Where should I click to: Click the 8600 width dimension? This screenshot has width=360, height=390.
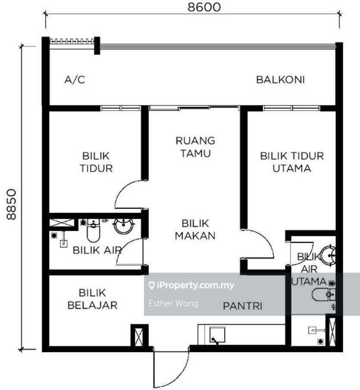pos(204,7)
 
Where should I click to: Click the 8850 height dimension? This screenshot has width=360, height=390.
pos(12,204)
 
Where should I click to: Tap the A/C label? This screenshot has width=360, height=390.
pos(75,80)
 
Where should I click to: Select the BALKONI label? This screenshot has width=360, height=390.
pos(280,80)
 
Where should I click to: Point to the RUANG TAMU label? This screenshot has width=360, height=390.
pos(195,147)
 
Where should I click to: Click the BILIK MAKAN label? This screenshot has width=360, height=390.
pos(195,230)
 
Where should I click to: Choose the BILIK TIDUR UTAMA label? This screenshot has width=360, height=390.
pos(292,162)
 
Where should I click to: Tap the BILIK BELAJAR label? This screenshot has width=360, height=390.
pos(93,299)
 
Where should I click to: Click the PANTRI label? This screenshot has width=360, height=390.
pos(243,306)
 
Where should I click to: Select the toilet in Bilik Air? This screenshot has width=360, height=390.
pos(93,230)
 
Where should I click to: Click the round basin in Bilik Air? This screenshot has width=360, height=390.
pos(123,225)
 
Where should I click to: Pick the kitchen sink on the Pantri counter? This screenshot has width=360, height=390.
pos(217,335)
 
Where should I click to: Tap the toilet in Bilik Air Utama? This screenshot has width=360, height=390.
pos(324,295)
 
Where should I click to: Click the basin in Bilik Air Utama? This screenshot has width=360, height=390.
pos(328,255)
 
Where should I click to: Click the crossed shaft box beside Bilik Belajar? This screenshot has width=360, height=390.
pos(139,337)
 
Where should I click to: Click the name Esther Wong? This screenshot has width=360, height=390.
pos(173,303)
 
